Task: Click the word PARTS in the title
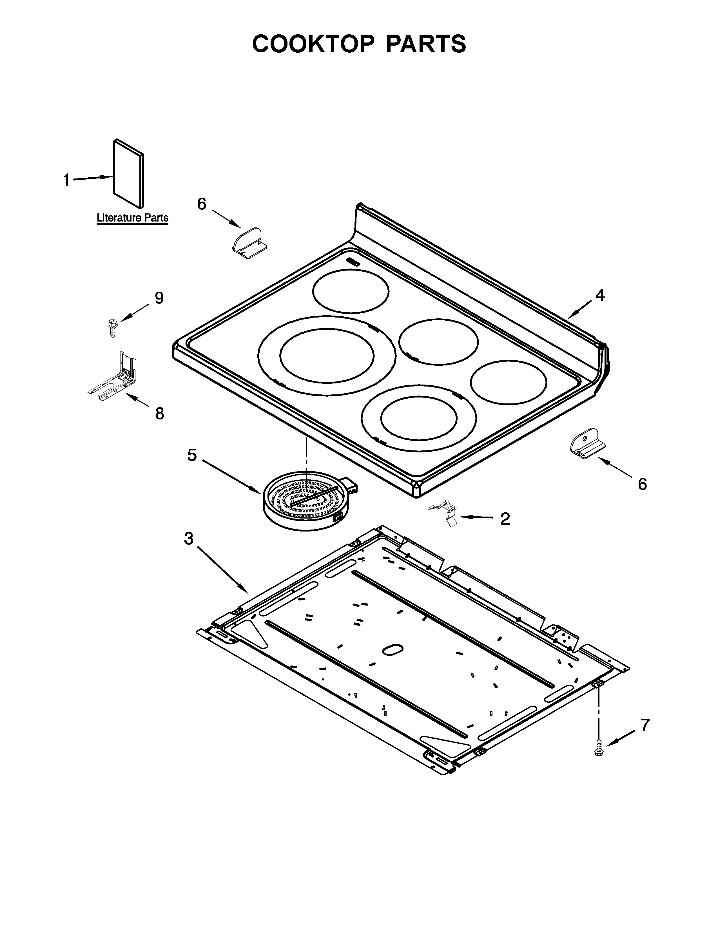(x=426, y=44)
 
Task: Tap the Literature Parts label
(x=132, y=218)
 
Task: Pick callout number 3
(x=188, y=539)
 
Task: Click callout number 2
(x=505, y=519)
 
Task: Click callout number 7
(x=645, y=725)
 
